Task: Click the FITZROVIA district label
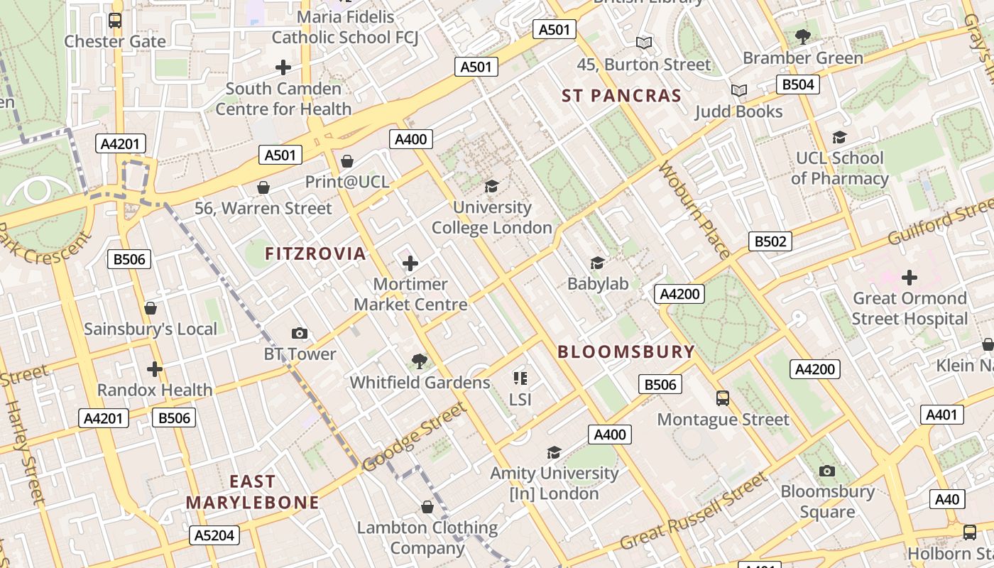pyautogui.click(x=315, y=253)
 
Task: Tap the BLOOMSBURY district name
pyautogui.click(x=626, y=351)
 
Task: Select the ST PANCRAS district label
pyautogui.click(x=621, y=96)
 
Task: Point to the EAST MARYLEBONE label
pyautogui.click(x=253, y=492)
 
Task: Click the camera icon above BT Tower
pyautogui.click(x=300, y=333)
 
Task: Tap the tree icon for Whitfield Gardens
pyautogui.click(x=420, y=361)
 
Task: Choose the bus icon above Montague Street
pyautogui.click(x=723, y=398)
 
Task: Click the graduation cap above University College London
pyautogui.click(x=491, y=187)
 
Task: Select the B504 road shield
pyautogui.click(x=797, y=84)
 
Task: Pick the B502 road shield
pyautogui.click(x=770, y=241)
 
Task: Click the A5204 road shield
pyautogui.click(x=214, y=535)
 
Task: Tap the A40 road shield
pyautogui.click(x=947, y=499)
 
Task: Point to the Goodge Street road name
pyautogui.click(x=415, y=437)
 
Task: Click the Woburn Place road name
pyautogui.click(x=694, y=210)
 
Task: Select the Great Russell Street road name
pyautogui.click(x=694, y=510)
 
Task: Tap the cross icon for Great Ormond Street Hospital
pyautogui.click(x=910, y=277)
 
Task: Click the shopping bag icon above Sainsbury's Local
pyautogui.click(x=151, y=308)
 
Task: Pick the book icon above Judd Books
pyautogui.click(x=739, y=90)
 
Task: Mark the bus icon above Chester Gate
pyautogui.click(x=115, y=20)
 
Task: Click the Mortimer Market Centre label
pyautogui.click(x=410, y=294)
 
